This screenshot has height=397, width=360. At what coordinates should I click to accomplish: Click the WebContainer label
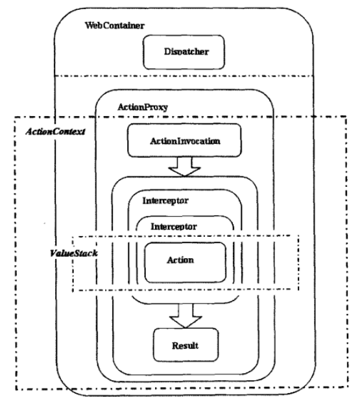click(115, 25)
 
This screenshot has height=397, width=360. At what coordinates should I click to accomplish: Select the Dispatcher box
click(184, 52)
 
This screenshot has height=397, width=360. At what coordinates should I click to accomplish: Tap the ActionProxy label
click(143, 107)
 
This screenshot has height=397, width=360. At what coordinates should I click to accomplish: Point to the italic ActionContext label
click(55, 132)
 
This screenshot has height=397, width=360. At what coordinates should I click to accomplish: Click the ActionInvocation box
click(184, 140)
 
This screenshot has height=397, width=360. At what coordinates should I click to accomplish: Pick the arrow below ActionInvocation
click(185, 166)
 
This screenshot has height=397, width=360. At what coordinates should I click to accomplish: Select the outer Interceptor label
click(165, 201)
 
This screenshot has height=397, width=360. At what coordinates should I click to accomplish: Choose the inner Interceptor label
click(174, 226)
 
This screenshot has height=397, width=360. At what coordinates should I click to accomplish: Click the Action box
click(185, 263)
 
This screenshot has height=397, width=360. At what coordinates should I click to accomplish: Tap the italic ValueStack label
click(74, 253)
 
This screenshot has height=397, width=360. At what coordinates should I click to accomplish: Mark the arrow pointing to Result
click(186, 315)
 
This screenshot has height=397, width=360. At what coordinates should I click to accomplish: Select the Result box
click(186, 345)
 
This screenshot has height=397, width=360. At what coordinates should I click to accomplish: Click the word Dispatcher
click(186, 52)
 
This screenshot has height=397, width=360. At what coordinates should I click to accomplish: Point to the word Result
click(185, 346)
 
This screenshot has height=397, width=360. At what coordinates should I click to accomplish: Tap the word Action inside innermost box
click(180, 260)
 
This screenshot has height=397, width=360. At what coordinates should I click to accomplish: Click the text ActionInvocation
click(185, 141)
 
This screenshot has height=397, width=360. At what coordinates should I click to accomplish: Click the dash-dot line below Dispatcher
click(184, 76)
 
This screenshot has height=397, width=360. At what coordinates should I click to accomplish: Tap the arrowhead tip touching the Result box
click(186, 328)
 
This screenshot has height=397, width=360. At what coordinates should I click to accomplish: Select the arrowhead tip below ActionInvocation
click(185, 176)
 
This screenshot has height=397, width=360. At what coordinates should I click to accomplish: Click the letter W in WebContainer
click(89, 25)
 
